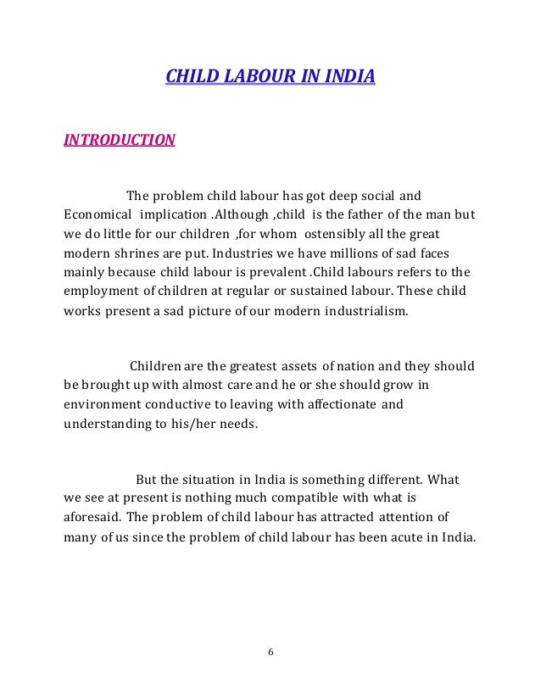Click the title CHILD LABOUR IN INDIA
(x=269, y=79)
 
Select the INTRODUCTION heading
(x=120, y=139)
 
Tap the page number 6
(x=270, y=652)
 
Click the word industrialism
(x=364, y=312)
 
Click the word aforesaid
(x=94, y=517)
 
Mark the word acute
(x=423, y=536)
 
